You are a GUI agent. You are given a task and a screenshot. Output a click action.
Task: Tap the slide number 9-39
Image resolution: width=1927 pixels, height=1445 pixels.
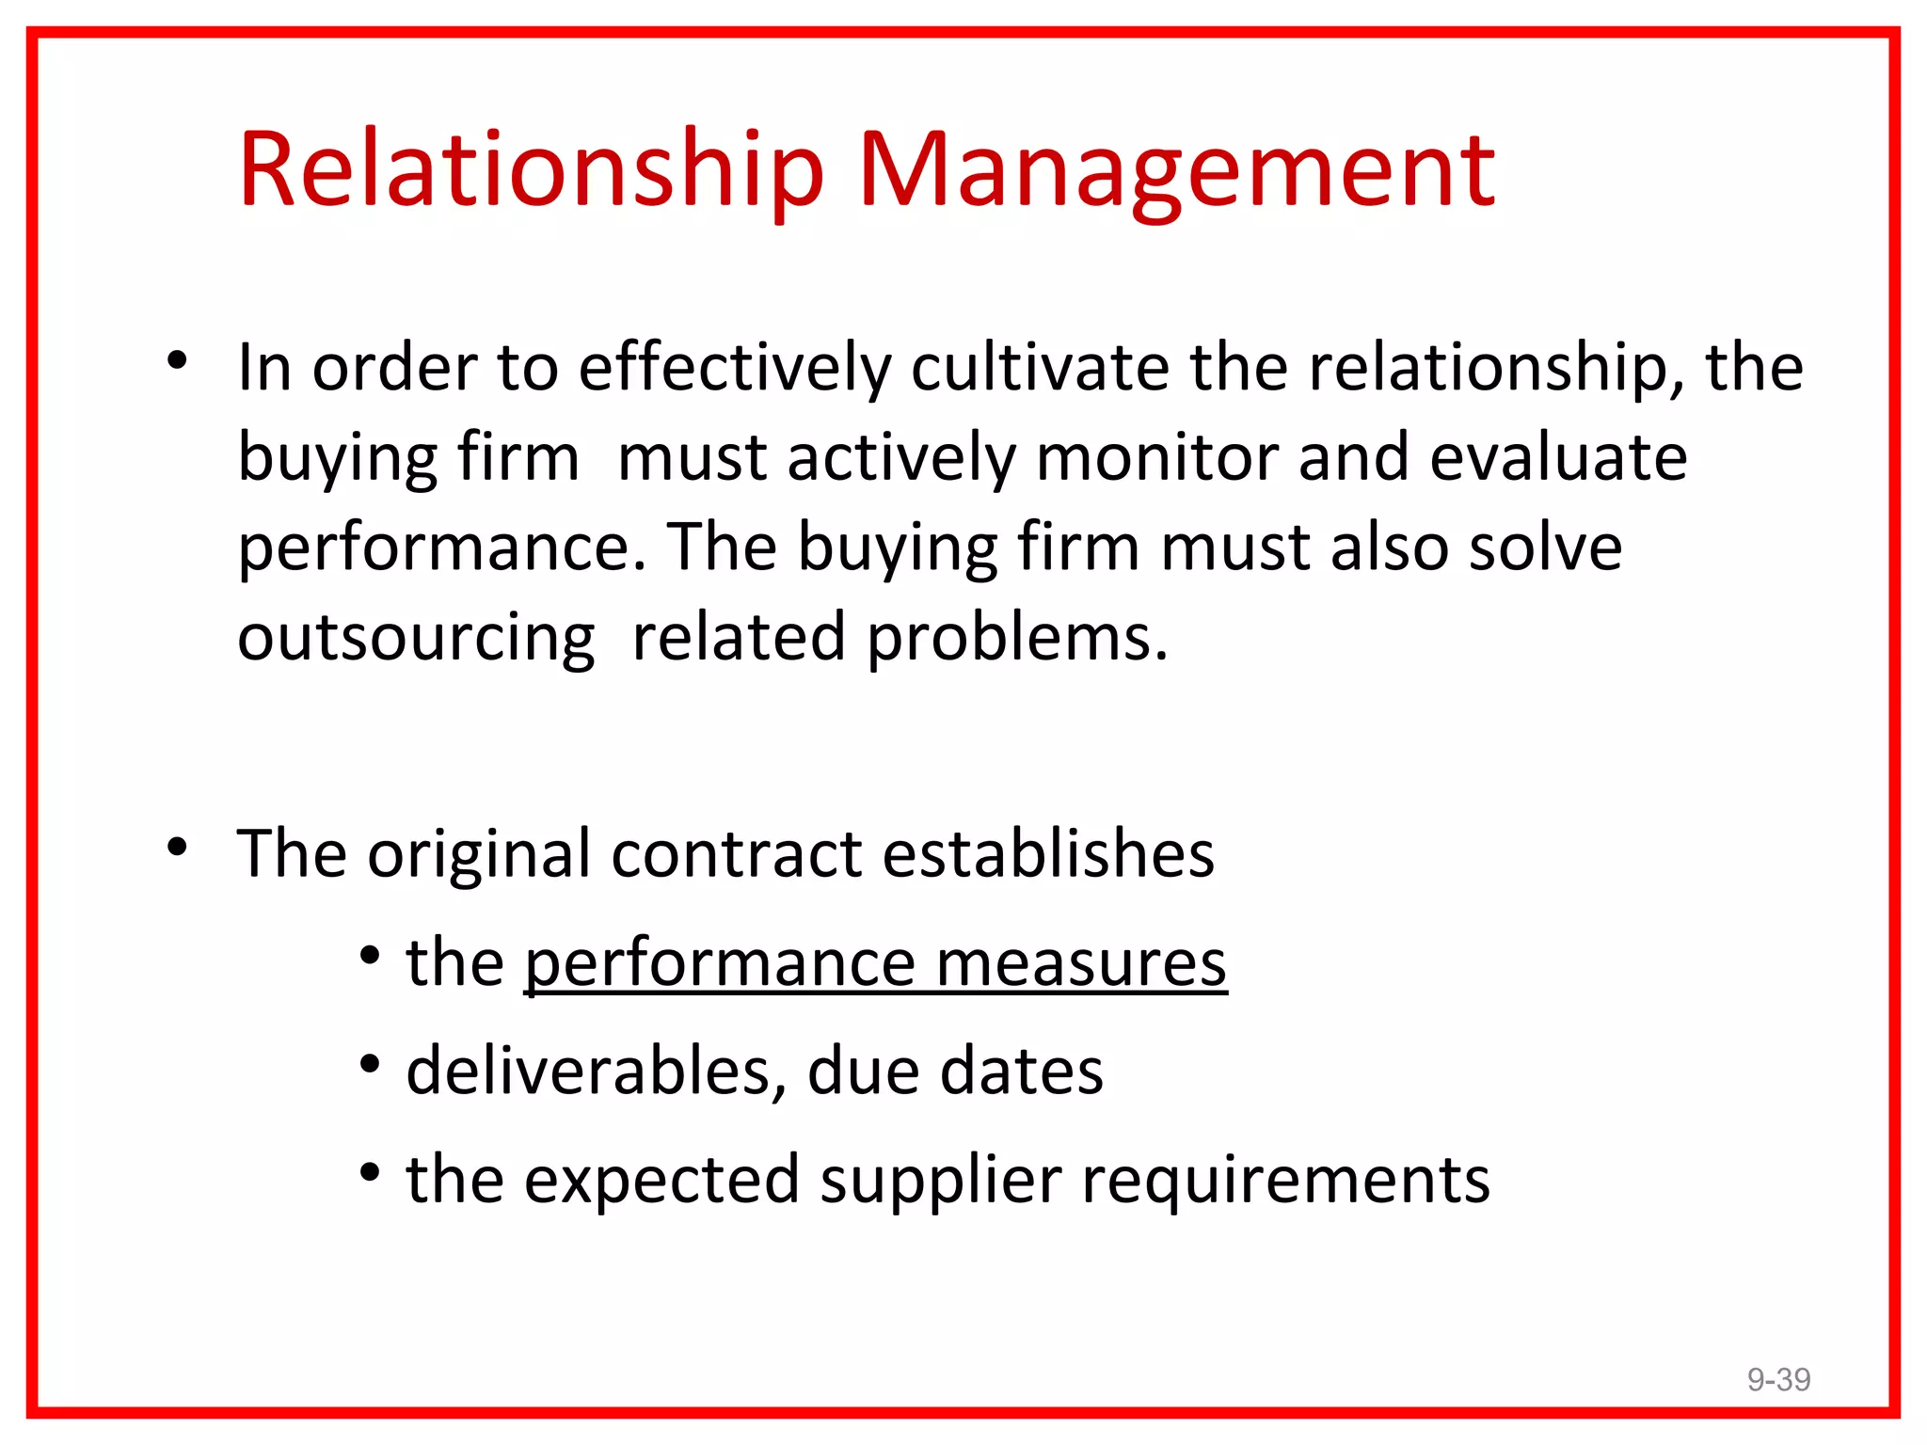[1778, 1379]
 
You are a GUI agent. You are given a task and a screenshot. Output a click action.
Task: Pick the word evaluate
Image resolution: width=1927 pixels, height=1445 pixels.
[1558, 457]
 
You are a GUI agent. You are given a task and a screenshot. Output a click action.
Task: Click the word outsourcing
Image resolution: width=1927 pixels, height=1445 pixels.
[416, 638]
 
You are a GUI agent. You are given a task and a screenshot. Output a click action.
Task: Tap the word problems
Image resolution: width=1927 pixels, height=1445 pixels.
[1017, 638]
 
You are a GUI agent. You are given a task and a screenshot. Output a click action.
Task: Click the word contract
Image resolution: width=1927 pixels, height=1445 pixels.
[737, 854]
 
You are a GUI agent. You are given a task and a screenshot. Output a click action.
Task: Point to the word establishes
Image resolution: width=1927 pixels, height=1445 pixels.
[1048, 854]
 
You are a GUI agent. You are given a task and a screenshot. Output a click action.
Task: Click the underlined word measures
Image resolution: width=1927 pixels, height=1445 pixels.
[1081, 963]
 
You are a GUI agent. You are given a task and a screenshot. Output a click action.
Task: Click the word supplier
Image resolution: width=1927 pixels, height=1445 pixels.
[941, 1180]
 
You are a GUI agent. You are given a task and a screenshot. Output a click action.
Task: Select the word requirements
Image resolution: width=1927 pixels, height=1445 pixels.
[1285, 1180]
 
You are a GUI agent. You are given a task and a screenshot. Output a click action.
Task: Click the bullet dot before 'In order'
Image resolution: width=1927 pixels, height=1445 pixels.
[177, 360]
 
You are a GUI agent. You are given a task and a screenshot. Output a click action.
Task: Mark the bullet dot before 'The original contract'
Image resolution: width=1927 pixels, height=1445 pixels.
[177, 848]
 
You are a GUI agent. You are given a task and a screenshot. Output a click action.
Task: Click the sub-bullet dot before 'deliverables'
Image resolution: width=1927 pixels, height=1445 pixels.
[370, 1065]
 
